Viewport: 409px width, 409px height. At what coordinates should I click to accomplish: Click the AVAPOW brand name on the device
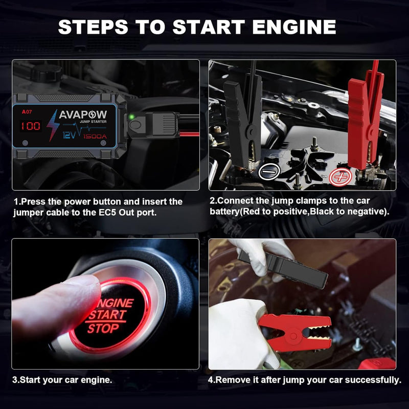coord(83,115)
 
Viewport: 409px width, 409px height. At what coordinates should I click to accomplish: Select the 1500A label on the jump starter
coord(98,137)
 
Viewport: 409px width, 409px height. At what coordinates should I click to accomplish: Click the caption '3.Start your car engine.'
coord(62,380)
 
